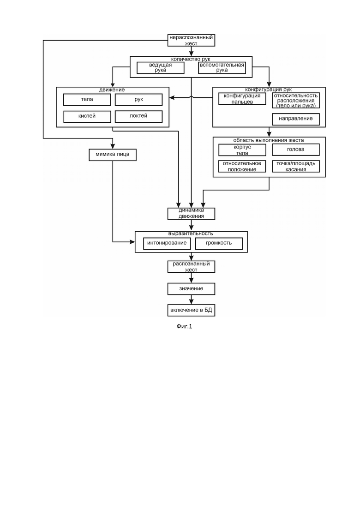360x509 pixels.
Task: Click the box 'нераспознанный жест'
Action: [x=191, y=40]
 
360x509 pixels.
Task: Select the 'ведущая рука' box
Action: [x=160, y=68]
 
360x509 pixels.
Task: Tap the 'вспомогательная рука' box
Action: [x=222, y=68]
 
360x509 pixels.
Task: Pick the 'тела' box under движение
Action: [x=87, y=100]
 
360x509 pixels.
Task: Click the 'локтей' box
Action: [x=138, y=117]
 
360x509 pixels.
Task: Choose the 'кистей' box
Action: [x=87, y=117]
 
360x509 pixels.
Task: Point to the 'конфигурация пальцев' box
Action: [x=242, y=99]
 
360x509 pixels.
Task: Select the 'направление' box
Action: [x=296, y=119]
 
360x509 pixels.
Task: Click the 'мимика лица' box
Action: [x=113, y=155]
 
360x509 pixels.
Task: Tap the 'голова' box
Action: [x=296, y=150]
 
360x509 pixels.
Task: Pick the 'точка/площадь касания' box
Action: [x=296, y=167]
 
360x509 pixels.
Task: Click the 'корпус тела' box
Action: [x=242, y=150]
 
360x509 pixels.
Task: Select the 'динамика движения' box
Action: [x=191, y=214]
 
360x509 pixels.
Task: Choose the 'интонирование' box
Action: [x=167, y=244]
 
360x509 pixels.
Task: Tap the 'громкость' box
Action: [x=219, y=244]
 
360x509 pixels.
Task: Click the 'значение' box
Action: [x=191, y=289]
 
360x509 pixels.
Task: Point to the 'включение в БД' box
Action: [x=191, y=310]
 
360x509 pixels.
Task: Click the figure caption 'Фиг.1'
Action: [x=184, y=326]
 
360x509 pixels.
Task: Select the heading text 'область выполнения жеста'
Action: [x=269, y=140]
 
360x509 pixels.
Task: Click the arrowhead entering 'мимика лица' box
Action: [x=113, y=146]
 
